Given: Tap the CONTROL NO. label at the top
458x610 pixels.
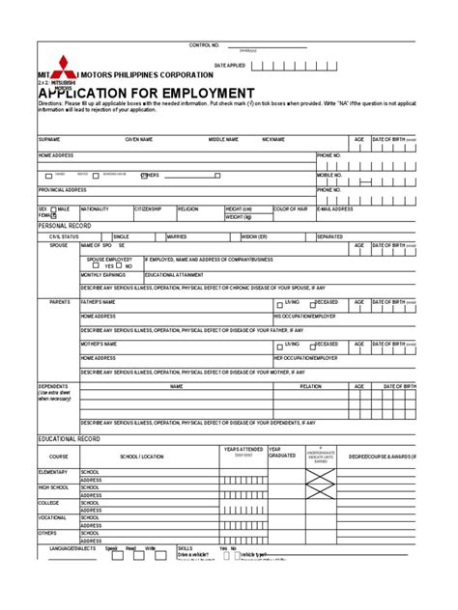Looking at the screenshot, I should (205, 45).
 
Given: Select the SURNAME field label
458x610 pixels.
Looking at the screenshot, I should (49, 139).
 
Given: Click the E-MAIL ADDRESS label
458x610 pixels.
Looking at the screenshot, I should (335, 208).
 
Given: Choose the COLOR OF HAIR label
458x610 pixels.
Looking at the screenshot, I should (291, 208).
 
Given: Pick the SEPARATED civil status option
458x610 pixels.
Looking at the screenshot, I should (329, 236).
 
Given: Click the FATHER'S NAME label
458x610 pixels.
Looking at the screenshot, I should (99, 301).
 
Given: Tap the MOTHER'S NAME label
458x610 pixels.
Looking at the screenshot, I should (100, 343).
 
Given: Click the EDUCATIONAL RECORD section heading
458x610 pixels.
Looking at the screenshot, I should (69, 411).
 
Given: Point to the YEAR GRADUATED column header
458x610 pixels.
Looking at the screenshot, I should (281, 426).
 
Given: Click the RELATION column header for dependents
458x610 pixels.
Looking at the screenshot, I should (311, 385).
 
